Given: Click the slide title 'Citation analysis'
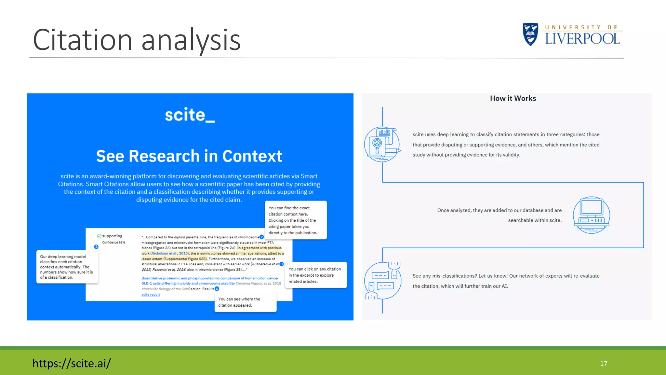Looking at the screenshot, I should [x=137, y=40].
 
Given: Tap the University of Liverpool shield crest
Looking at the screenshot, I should [x=530, y=34].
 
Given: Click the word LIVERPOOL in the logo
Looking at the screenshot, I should [x=582, y=39].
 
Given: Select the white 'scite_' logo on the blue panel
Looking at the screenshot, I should [x=190, y=115].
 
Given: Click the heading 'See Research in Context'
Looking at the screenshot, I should [x=189, y=156].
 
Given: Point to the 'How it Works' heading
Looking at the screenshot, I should [x=513, y=98].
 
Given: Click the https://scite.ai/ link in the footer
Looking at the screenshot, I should [x=72, y=363].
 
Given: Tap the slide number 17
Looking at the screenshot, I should [x=604, y=363].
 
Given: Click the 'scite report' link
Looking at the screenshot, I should [x=151, y=295].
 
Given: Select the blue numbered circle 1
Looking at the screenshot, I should [x=96, y=247].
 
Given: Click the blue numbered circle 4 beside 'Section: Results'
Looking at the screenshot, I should [x=217, y=289].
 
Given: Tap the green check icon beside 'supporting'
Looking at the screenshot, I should [x=99, y=236].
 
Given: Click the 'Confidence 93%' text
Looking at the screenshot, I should [x=113, y=243].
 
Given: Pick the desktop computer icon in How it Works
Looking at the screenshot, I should [x=591, y=215].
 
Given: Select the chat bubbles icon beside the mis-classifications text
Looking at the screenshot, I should [x=382, y=281].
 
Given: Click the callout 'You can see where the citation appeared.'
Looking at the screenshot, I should [x=245, y=302].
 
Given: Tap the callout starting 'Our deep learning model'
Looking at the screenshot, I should [x=67, y=267].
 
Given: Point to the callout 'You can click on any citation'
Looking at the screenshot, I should [x=315, y=275].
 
